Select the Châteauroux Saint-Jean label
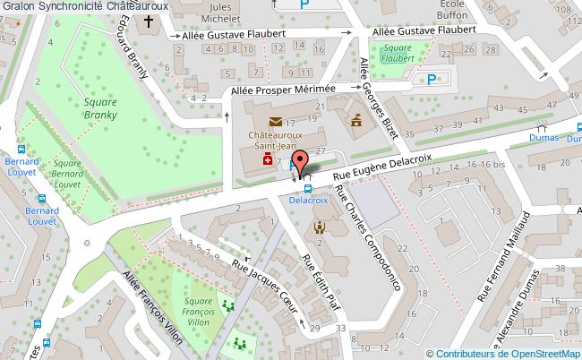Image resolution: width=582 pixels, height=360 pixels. (273, 140)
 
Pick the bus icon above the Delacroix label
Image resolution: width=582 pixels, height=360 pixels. (308, 189)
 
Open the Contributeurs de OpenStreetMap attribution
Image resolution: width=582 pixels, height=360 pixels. (505, 353)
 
